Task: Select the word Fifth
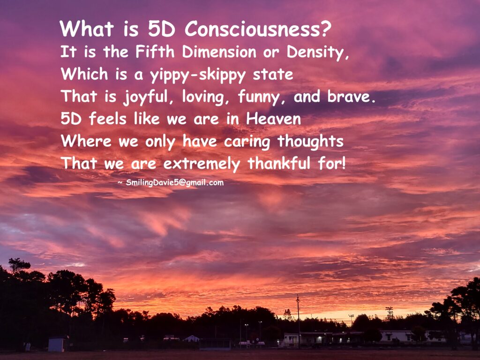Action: coord(155,52)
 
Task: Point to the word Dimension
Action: coord(219,52)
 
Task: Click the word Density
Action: coord(317,52)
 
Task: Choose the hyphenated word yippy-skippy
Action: coord(197,75)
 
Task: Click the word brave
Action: coord(351,96)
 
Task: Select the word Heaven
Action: coord(273,119)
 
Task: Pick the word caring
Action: coord(247,142)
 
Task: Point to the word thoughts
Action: coord(310,141)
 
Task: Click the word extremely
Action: coord(202,164)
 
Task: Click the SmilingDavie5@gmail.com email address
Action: coord(174,183)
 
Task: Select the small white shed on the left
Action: coord(56,344)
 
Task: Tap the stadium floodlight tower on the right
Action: coord(389,313)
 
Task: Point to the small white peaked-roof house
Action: coord(191,338)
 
